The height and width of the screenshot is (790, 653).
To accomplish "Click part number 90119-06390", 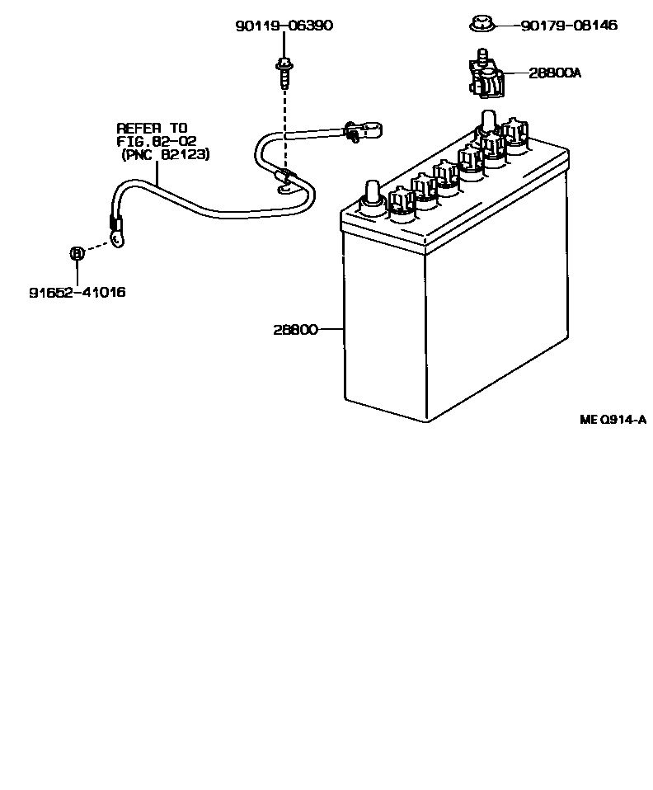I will [x=284, y=26].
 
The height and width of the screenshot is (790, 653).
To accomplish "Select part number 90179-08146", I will [x=568, y=26].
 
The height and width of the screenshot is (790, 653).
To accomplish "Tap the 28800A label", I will [x=554, y=73].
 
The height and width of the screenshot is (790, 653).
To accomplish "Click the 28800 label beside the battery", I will [x=295, y=329].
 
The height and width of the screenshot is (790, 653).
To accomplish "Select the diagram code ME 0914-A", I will [x=612, y=420].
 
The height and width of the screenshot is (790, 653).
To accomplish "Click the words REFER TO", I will [x=152, y=128].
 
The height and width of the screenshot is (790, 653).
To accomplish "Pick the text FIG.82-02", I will [x=156, y=141].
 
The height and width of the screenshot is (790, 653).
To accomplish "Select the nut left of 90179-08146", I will [x=481, y=26].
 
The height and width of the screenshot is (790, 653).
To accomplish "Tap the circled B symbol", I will [x=76, y=253].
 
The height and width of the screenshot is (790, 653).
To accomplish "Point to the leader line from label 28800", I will [x=330, y=329].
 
